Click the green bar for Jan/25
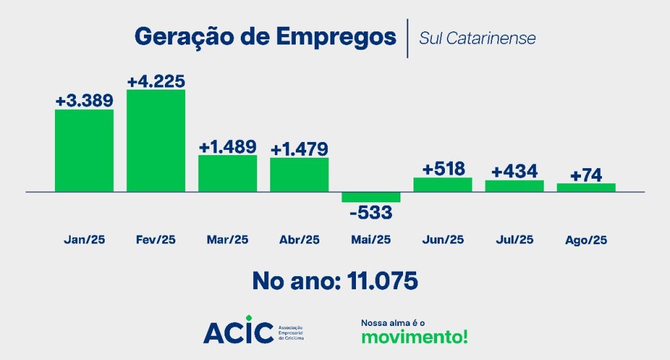(x=84, y=151)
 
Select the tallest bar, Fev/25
(x=156, y=141)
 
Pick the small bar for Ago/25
(x=586, y=187)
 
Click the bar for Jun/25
(x=443, y=185)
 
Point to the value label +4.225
(x=156, y=82)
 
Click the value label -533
(x=370, y=213)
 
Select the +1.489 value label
(x=227, y=147)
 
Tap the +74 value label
(x=586, y=175)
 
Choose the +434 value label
(x=514, y=171)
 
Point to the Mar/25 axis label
(x=227, y=240)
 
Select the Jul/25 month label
(x=514, y=240)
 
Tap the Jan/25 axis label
(x=84, y=240)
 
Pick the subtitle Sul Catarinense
(x=477, y=38)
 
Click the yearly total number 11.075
(x=383, y=281)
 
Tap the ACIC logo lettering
(x=238, y=332)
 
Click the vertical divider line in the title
(x=408, y=38)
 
